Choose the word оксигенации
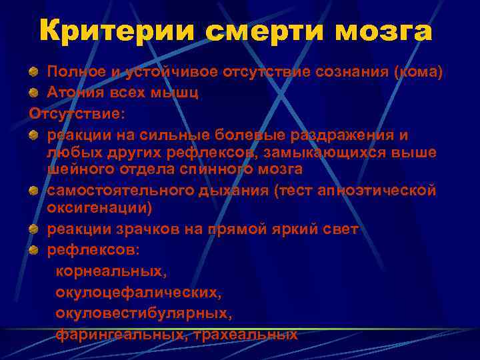pyautogui.click(x=99, y=208)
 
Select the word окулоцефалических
pyautogui.click(x=137, y=292)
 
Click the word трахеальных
pyautogui.click(x=247, y=333)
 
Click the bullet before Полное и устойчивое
pyautogui.click(x=33, y=71)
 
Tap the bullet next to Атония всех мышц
pyautogui.click(x=33, y=93)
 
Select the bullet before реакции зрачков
pyautogui.click(x=33, y=229)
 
